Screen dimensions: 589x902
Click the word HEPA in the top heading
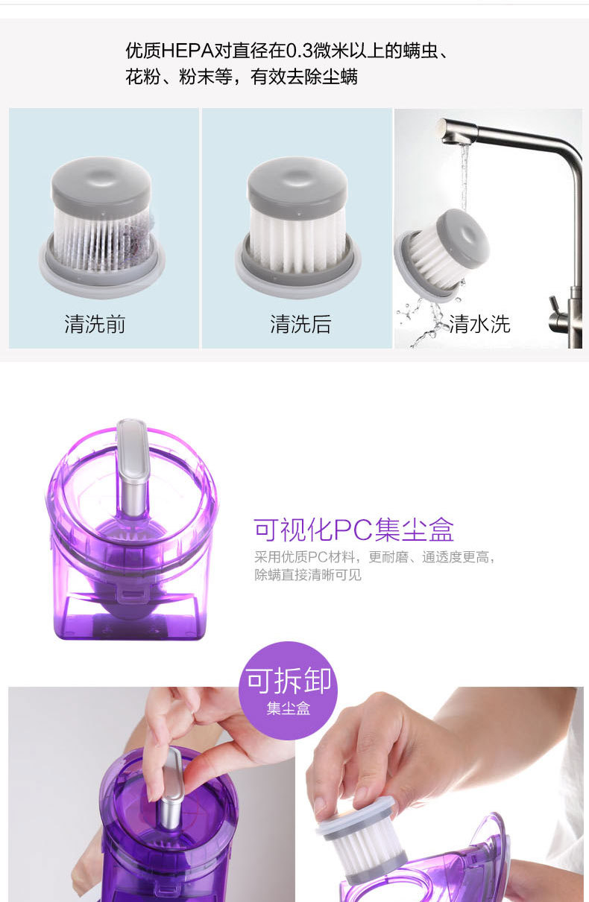(x=187, y=51)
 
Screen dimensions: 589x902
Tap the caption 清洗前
(x=95, y=324)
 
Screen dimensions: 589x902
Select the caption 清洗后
(x=300, y=324)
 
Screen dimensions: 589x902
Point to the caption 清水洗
(x=479, y=324)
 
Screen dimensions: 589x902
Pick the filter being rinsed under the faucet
(x=442, y=255)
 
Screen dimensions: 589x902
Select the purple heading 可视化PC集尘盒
(x=354, y=530)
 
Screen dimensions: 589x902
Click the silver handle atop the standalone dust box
(x=132, y=467)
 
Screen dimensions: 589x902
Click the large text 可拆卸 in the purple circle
(x=289, y=680)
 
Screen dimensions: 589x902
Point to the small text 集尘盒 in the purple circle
(x=289, y=708)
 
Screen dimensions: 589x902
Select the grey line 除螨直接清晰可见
(x=308, y=574)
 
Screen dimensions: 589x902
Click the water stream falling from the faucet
(x=464, y=177)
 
